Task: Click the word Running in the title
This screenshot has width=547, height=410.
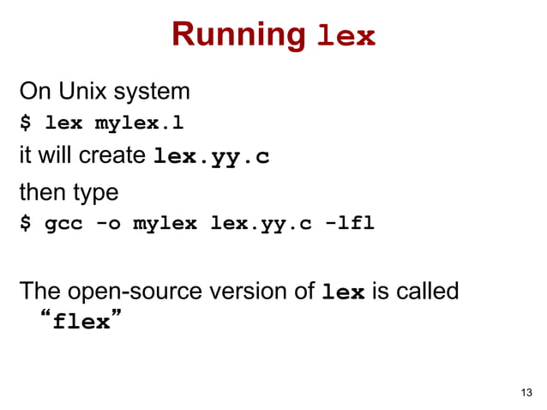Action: click(x=238, y=34)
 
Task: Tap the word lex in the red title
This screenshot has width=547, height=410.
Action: click(x=346, y=37)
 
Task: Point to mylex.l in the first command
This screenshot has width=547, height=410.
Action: click(x=139, y=123)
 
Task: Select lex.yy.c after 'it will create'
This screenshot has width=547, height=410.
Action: click(x=210, y=159)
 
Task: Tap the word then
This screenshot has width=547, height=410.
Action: click(x=39, y=190)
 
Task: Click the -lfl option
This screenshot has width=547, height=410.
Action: click(x=348, y=225)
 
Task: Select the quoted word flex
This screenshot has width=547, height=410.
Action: click(x=81, y=323)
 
